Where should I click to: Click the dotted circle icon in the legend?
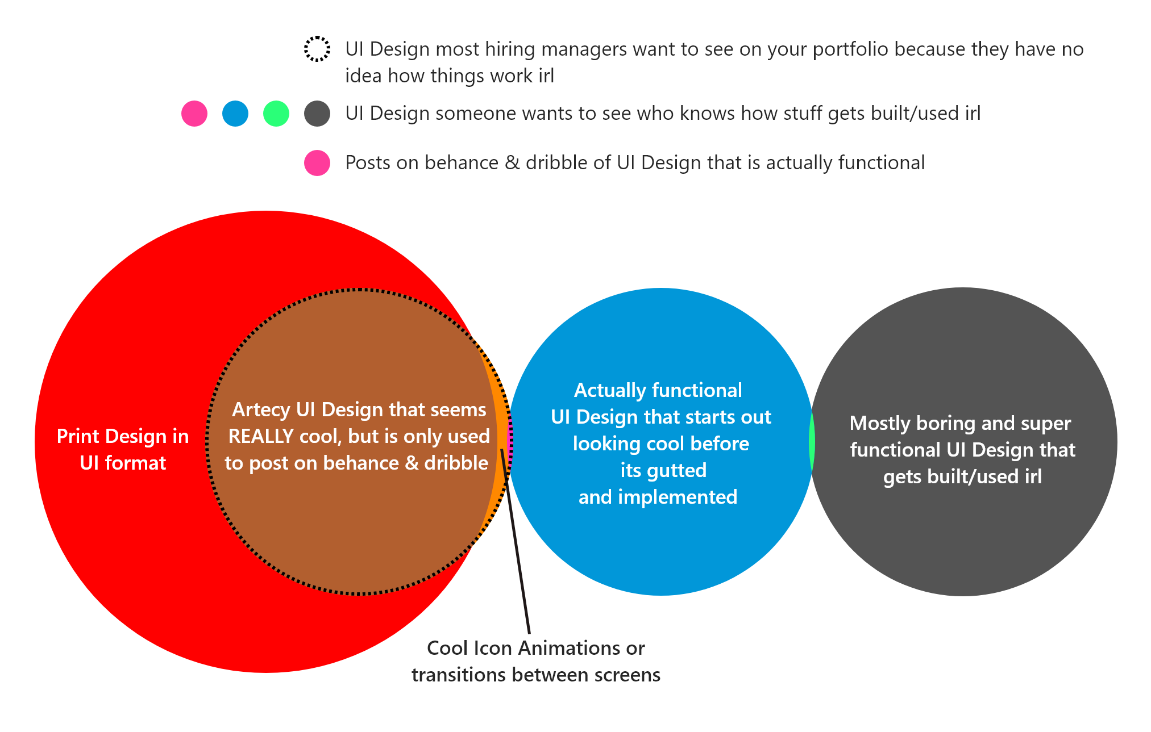[x=317, y=49]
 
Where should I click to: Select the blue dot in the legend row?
[x=235, y=114]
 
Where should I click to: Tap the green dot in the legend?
[x=276, y=114]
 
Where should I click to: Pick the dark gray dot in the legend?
[x=317, y=114]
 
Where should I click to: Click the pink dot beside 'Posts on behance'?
[x=317, y=163]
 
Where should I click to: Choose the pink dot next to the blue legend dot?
[x=194, y=114]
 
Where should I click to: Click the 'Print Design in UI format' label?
[x=123, y=449]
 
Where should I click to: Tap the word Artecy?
[x=261, y=409]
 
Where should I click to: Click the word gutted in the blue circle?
[x=679, y=470]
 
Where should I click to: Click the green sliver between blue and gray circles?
[x=812, y=442]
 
